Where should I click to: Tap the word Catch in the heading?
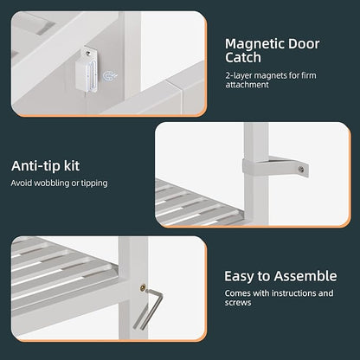pos(243,57)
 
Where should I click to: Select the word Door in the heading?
pos(299,44)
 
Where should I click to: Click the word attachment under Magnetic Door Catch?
pos(247,85)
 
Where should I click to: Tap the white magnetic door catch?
pos(87,70)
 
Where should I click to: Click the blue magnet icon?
pos(110,76)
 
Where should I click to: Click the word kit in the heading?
pos(72,166)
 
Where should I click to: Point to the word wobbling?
pos(51,183)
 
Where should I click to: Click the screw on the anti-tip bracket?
pos(301,170)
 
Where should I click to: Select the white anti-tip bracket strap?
pos(275,166)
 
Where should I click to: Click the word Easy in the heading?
pos(240,277)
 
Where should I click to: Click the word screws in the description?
pos(238,303)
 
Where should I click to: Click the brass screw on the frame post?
pos(143,287)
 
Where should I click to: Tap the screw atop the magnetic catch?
pos(88,53)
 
